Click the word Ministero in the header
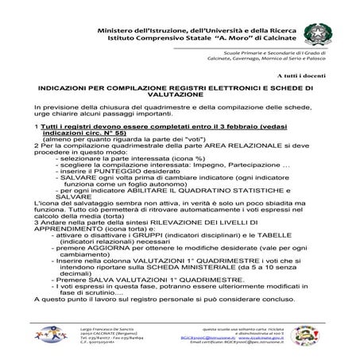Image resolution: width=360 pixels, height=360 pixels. pyautogui.click(x=122, y=29)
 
